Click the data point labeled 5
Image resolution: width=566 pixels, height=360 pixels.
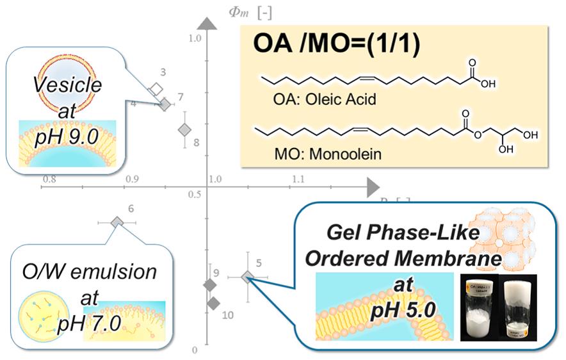point(248,277)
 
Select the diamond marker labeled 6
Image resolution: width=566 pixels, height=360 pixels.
point(117,222)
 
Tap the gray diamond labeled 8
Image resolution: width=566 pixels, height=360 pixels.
point(184,129)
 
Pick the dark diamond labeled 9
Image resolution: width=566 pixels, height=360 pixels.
point(209,285)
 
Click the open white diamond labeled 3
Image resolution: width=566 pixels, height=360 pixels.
point(155,89)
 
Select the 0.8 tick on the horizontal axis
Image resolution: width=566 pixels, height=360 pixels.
point(49,179)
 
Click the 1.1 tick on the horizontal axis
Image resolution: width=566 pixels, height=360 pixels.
point(297,180)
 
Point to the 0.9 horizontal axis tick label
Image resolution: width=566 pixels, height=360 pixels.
point(132,180)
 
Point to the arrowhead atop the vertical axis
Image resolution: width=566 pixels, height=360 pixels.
point(206,22)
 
